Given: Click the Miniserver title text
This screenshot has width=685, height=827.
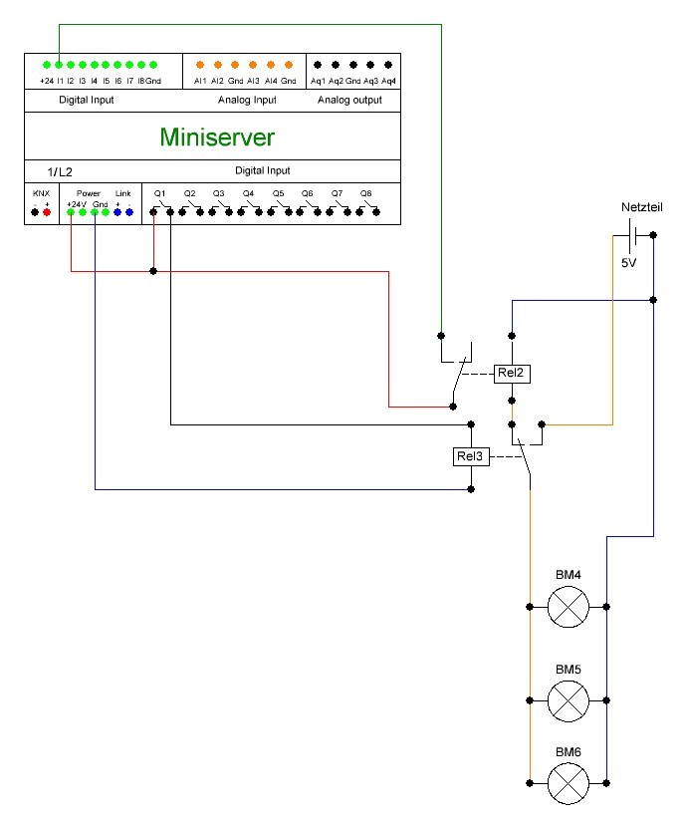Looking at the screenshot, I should [x=217, y=137].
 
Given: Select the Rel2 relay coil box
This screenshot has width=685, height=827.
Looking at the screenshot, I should [x=511, y=374].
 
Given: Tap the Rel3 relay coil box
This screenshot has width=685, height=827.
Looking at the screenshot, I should [x=470, y=457].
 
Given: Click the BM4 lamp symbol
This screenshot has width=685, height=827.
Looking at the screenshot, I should [x=569, y=606].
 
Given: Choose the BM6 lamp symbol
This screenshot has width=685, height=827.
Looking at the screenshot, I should [x=569, y=784].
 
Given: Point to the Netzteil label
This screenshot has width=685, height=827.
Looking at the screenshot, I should [x=641, y=207].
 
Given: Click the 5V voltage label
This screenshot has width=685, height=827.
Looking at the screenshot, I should [x=628, y=263].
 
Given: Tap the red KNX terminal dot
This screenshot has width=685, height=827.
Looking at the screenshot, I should [x=46, y=211].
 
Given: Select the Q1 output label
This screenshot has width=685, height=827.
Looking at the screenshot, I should [x=159, y=193].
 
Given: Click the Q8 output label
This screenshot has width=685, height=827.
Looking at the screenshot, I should [x=366, y=193].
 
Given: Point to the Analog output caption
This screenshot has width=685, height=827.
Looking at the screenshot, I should [x=349, y=101].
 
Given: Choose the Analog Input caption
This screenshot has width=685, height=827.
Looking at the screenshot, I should [x=247, y=101].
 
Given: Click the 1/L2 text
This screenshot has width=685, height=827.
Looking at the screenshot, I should [x=60, y=172].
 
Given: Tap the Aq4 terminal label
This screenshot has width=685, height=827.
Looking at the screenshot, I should [x=389, y=80].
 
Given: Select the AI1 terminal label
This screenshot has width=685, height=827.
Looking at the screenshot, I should [x=200, y=80].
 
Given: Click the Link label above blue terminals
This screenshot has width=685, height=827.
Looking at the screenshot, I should [x=123, y=193].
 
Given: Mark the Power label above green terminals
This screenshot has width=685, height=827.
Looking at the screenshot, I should [x=88, y=193].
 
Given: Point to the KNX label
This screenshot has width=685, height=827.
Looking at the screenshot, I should [x=40, y=193].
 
